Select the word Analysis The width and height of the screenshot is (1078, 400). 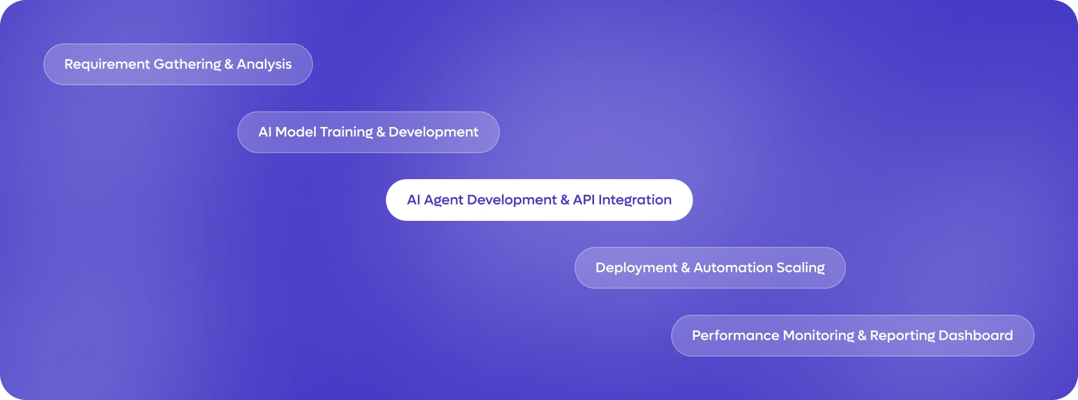click(264, 65)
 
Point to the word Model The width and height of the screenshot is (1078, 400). click(296, 132)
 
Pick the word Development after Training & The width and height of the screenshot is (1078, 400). click(434, 133)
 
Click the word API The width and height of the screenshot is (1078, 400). click(584, 200)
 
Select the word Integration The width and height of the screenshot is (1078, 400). click(635, 201)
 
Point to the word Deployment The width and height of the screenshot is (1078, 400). click(636, 268)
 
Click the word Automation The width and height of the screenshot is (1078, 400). click(733, 268)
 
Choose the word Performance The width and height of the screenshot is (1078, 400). click(735, 336)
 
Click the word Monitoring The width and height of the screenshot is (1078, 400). click(818, 336)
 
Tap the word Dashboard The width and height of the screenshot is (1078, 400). click(976, 336)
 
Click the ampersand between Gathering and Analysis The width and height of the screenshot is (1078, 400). click(229, 65)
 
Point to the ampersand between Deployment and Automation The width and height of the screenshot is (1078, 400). click(686, 268)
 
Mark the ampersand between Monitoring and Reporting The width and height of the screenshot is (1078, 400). click(862, 336)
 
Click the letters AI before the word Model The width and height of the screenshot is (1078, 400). click(265, 132)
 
